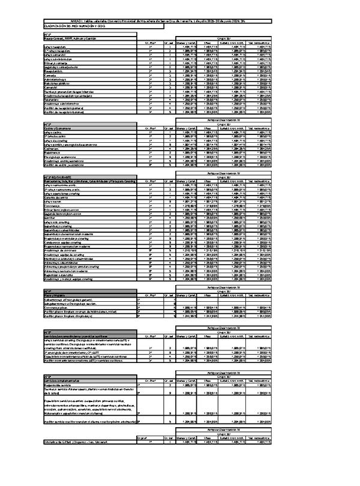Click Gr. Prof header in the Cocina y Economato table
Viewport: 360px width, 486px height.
[151, 128]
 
